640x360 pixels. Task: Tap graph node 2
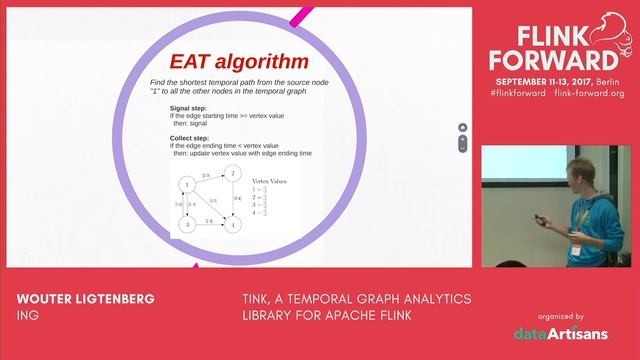(x=230, y=173)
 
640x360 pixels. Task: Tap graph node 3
(x=185, y=226)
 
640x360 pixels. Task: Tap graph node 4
(x=231, y=226)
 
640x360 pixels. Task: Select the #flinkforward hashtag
(x=517, y=93)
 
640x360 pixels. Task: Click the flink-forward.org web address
(x=587, y=93)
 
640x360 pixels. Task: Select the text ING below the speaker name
(x=27, y=317)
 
